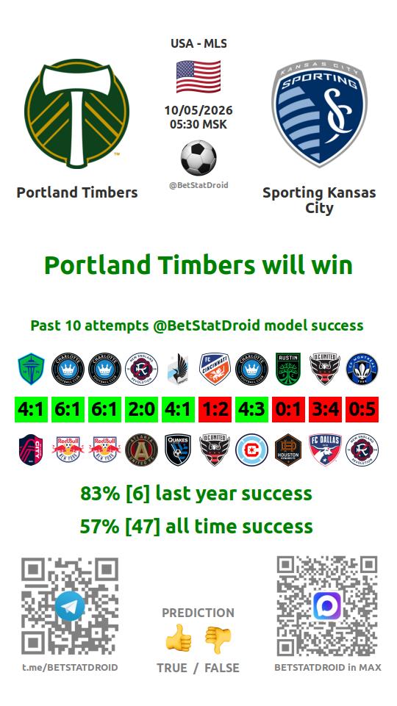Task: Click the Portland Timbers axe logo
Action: coord(77,113)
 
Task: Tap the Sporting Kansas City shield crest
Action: coord(319,113)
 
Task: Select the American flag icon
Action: coord(198,76)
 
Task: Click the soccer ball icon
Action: coord(198,158)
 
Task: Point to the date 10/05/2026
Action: coord(198,110)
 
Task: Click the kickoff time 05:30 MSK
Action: coord(198,124)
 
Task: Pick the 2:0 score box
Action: coord(141,410)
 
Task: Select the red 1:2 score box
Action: coord(215,410)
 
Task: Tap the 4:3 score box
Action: coord(251,410)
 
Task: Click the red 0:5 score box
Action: coord(362,410)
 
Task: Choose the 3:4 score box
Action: coord(326,410)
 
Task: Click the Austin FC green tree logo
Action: coord(288,369)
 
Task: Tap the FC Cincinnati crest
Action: coord(215,369)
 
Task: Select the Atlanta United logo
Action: coord(141,450)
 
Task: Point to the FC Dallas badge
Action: coord(326,450)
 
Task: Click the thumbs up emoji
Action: coord(179,638)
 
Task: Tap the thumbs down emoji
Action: coord(218,639)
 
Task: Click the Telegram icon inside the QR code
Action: coord(70,606)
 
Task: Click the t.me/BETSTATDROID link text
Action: coord(70,667)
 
